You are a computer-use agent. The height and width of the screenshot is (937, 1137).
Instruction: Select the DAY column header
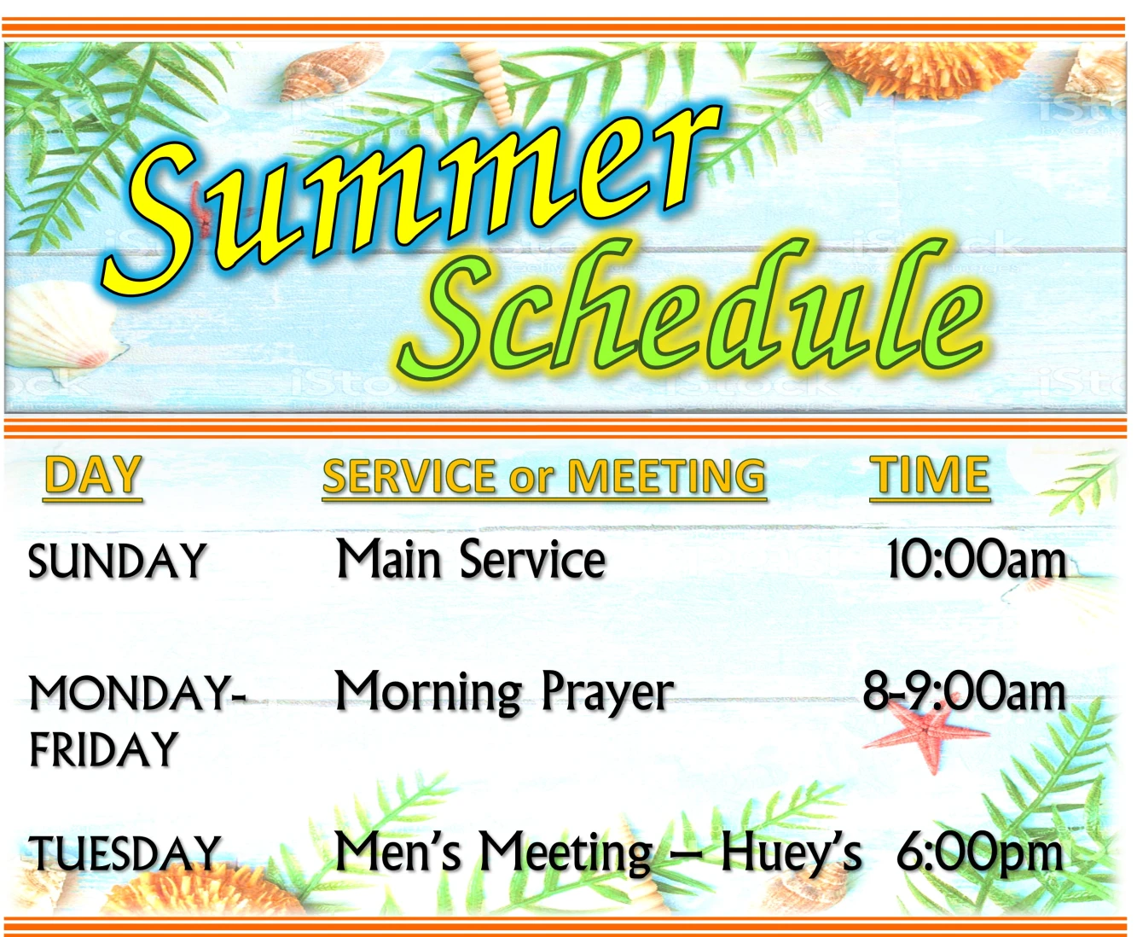point(93,475)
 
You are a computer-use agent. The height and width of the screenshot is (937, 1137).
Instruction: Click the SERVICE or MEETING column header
point(544,476)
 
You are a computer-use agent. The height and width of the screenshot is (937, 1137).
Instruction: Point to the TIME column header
point(930,475)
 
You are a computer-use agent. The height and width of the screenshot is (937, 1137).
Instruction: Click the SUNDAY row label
point(117,562)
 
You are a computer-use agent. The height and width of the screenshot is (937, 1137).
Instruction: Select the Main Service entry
point(471,559)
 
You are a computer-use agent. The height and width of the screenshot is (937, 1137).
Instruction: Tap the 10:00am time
point(977,560)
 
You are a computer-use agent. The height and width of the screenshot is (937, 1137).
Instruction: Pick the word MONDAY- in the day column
point(137,694)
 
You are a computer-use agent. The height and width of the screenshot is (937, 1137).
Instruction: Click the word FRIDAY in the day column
point(103,748)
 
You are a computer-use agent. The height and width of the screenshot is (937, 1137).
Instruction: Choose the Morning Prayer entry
point(504,693)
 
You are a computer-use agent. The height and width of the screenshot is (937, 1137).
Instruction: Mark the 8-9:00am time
point(965,692)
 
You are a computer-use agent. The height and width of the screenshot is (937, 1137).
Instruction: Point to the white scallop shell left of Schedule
point(62,326)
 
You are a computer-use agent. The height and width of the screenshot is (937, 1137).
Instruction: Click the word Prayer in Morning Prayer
point(607,694)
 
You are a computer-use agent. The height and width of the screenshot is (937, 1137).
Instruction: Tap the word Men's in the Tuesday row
point(398,851)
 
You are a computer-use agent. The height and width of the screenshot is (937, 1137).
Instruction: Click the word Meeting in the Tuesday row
point(566,853)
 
